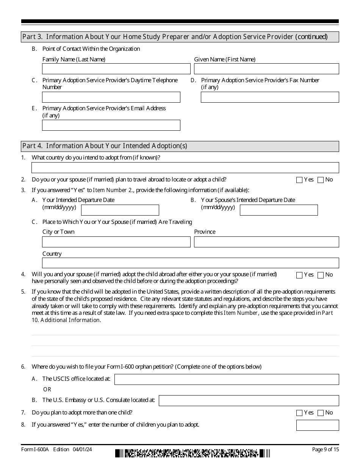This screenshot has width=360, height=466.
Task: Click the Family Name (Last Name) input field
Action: pos(116,69)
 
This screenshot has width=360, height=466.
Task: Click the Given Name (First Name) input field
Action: pos(266,69)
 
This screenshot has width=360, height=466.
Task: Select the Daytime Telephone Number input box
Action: pos(111,97)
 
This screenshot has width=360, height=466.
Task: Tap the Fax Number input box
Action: pos(270,97)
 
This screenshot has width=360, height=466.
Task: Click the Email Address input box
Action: pos(111,125)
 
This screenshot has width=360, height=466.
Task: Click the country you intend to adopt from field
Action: pos(185,168)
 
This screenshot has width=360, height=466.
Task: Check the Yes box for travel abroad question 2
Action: pos(299,180)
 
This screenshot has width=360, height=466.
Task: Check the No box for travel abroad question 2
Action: pos(321,180)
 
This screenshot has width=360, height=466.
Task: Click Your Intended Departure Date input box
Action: pos(120,210)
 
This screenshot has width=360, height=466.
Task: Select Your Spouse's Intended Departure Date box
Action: pos(279,210)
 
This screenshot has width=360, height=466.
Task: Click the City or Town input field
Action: pos(116,242)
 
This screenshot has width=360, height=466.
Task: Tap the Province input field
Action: pos(266,242)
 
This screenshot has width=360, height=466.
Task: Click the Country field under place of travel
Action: pos(190,263)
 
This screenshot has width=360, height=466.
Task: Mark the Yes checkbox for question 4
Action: pos(299,275)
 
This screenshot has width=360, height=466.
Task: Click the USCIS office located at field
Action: pos(227,380)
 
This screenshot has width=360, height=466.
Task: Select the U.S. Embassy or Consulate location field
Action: pos(249,400)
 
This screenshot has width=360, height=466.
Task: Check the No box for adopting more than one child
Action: pos(321,413)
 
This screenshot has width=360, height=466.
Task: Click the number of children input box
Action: pos(318,425)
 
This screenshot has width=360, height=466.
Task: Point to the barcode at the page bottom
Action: pos(193,453)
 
